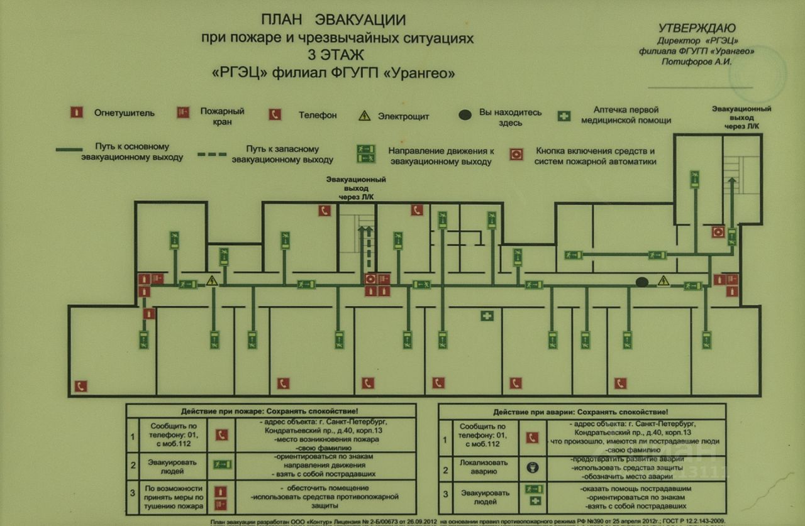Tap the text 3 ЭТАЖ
tap(337, 55)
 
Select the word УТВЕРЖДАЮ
tap(696, 28)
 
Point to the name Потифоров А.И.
tap(696, 62)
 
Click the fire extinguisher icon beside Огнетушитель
tap(76, 113)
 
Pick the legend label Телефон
tap(318, 115)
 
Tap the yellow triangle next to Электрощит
tap(365, 116)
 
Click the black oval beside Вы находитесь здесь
tap(465, 115)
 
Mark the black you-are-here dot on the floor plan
tap(641, 282)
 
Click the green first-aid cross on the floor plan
tap(487, 315)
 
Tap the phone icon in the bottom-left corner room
tap(80, 386)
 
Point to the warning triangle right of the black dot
tap(663, 281)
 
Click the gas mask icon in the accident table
tap(533, 468)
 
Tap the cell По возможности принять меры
tap(173, 497)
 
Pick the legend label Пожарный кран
tap(222, 116)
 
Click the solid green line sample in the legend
tap(69, 150)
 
